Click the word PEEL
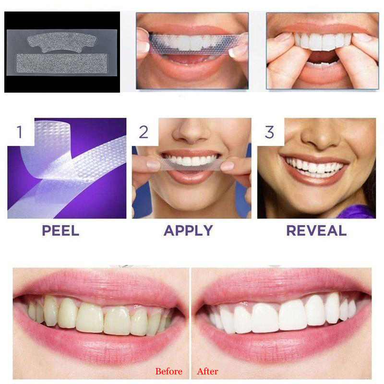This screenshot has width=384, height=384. tap(60, 230)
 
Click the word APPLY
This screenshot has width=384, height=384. tap(188, 230)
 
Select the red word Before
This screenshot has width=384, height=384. tap(168, 371)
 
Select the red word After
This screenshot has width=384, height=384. tap(207, 371)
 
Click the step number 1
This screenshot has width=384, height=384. tap(19, 131)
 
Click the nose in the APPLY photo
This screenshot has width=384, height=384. tap(191, 132)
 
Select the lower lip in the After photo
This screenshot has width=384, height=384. tap(283, 343)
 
